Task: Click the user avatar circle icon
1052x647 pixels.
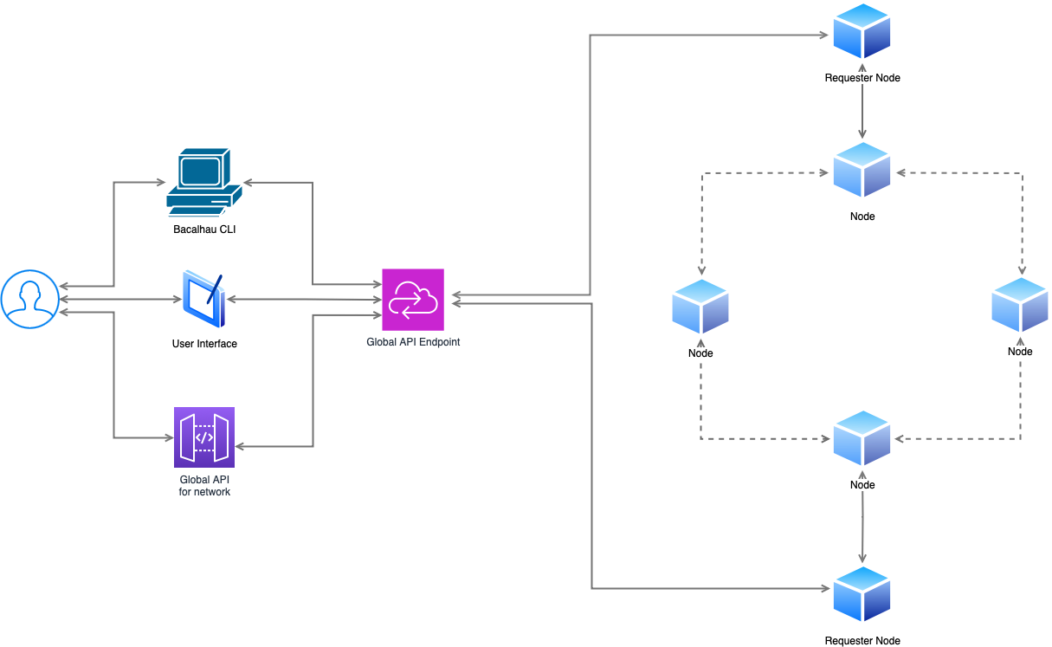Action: pyautogui.click(x=29, y=300)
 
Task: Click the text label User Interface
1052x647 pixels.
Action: pyautogui.click(x=204, y=344)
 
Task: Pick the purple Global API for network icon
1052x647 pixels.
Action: pyautogui.click(x=204, y=437)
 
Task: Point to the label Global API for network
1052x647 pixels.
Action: pyautogui.click(x=204, y=486)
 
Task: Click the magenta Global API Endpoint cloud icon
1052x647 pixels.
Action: pyautogui.click(x=413, y=300)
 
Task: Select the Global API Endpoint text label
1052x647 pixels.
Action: pyautogui.click(x=413, y=342)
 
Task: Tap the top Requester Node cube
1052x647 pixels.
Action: pyautogui.click(x=862, y=33)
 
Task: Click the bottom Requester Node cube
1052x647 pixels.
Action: pyautogui.click(x=862, y=594)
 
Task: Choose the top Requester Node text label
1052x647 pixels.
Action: pyautogui.click(x=862, y=78)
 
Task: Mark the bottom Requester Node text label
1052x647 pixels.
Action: pyautogui.click(x=862, y=641)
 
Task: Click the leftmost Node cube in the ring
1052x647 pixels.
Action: pyautogui.click(x=700, y=307)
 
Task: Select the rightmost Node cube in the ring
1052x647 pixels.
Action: pyautogui.click(x=1020, y=305)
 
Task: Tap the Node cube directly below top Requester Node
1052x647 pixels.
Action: pyautogui.click(x=862, y=170)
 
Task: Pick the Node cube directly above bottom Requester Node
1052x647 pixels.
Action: pyautogui.click(x=862, y=438)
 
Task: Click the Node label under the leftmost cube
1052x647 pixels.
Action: pyautogui.click(x=700, y=353)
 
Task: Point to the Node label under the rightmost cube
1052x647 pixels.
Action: pyautogui.click(x=1020, y=352)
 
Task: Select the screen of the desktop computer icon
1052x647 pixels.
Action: pyautogui.click(x=199, y=170)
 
